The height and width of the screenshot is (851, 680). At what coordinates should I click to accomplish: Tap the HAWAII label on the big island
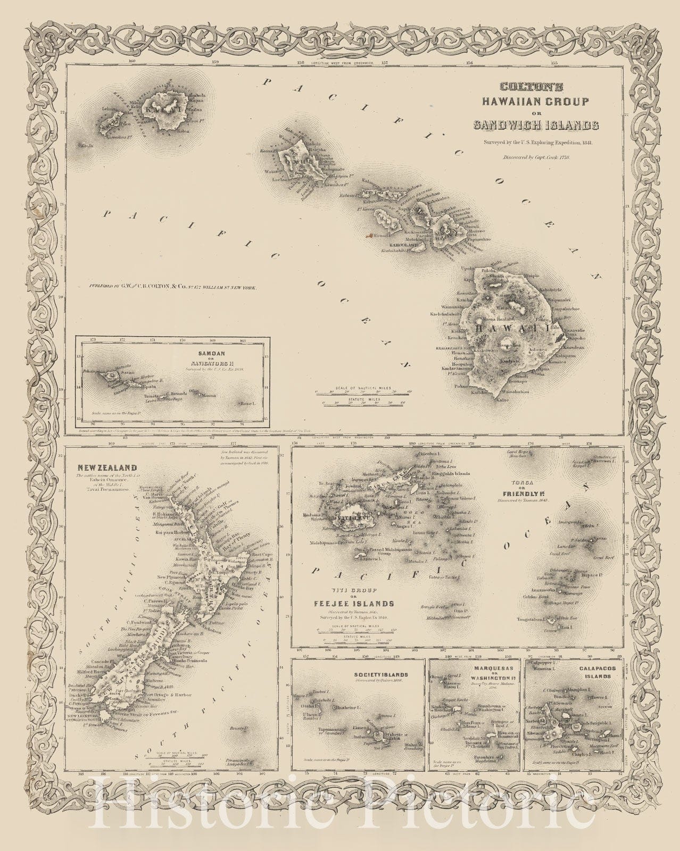pos(501,330)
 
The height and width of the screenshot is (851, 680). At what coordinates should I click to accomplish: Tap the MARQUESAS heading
pos(480,665)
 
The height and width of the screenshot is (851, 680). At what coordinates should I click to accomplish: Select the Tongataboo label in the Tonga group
pos(532,619)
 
